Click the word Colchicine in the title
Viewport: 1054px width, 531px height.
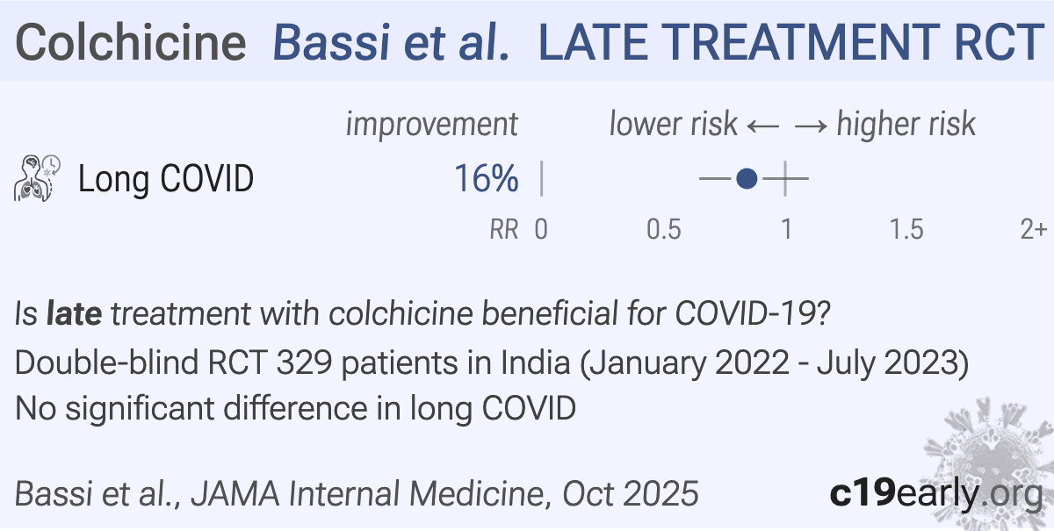[x=131, y=42]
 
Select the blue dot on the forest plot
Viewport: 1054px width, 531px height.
[x=747, y=179]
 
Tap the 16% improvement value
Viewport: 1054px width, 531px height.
[x=486, y=178]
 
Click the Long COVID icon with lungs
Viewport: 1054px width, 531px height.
[x=37, y=178]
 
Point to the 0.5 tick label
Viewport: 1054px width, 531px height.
[x=663, y=230]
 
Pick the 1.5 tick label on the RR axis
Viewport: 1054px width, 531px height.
[x=906, y=230]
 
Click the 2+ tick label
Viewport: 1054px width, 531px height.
[x=1033, y=230]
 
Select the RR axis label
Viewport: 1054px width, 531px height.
[x=504, y=230]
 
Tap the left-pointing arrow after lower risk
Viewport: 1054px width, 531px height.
[x=763, y=126]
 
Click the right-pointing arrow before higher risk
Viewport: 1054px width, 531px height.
[x=811, y=126]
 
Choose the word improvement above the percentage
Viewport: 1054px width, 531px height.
[x=432, y=125]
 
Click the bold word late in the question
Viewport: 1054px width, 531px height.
[x=74, y=312]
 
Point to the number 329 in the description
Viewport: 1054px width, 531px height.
[x=305, y=362]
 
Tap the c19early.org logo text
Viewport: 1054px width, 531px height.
[x=936, y=493]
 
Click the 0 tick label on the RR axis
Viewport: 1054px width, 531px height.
[x=541, y=230]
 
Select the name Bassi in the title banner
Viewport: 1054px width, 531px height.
[x=332, y=42]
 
